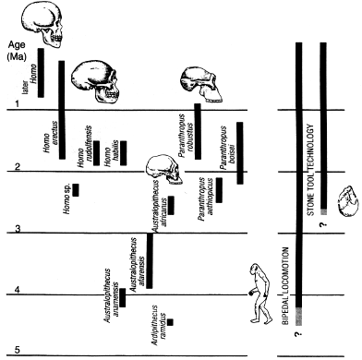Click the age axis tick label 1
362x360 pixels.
click(18, 108)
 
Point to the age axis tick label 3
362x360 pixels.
click(18, 230)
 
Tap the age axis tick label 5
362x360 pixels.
click(18, 352)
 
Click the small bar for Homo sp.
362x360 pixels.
click(76, 190)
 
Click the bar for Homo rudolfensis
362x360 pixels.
click(96, 152)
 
